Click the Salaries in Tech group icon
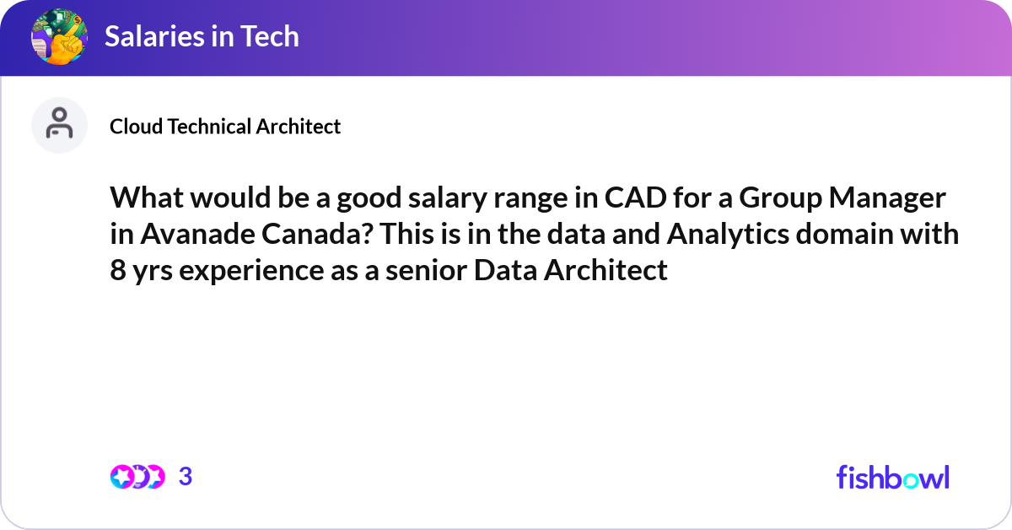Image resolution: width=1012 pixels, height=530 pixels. [59, 37]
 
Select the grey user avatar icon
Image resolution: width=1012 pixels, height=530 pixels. [59, 125]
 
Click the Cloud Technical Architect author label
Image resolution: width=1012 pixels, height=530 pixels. [225, 127]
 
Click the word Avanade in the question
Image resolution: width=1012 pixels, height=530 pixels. [207, 235]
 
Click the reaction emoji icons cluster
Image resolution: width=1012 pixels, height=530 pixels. [137, 477]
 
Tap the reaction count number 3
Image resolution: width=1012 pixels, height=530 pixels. [186, 477]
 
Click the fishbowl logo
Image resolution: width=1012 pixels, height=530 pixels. [892, 477]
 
